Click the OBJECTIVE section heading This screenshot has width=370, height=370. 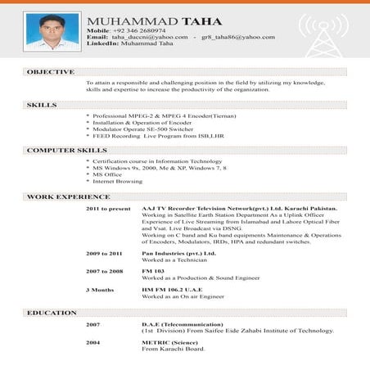pos(51,72)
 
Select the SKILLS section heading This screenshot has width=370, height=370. pos(42,106)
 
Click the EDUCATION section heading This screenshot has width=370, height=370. pos(52,313)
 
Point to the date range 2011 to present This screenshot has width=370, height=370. pos(108,209)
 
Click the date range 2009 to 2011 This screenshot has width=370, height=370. pos(104,254)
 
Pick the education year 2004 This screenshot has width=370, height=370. pos(93,341)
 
